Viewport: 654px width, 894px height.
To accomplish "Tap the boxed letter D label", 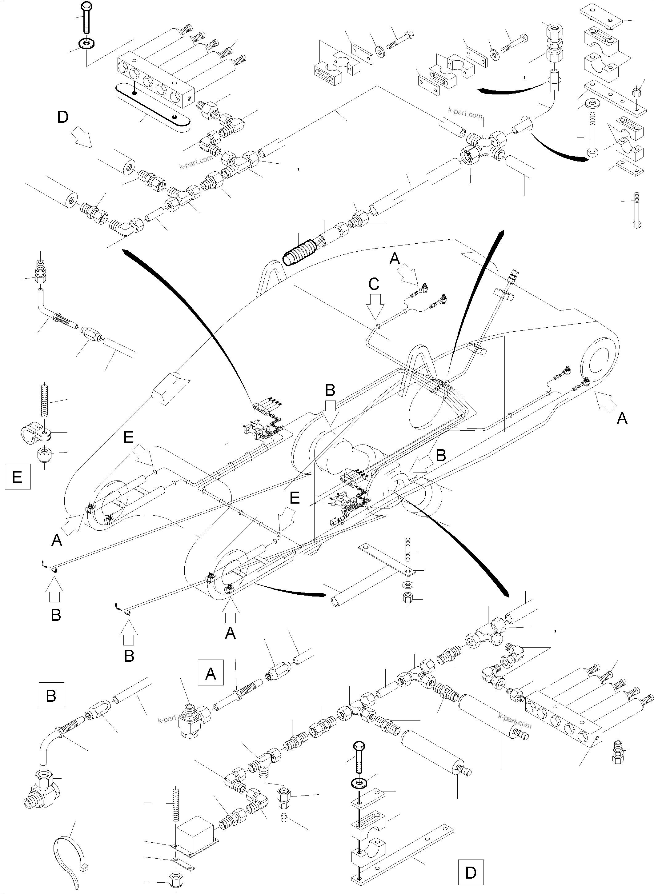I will point(471,872).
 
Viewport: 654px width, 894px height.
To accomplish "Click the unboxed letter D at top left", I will point(62,117).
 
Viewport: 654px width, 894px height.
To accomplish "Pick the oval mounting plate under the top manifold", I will point(152,108).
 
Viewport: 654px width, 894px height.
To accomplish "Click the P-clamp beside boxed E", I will point(36,434).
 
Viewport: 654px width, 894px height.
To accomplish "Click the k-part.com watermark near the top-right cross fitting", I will point(465,113).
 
